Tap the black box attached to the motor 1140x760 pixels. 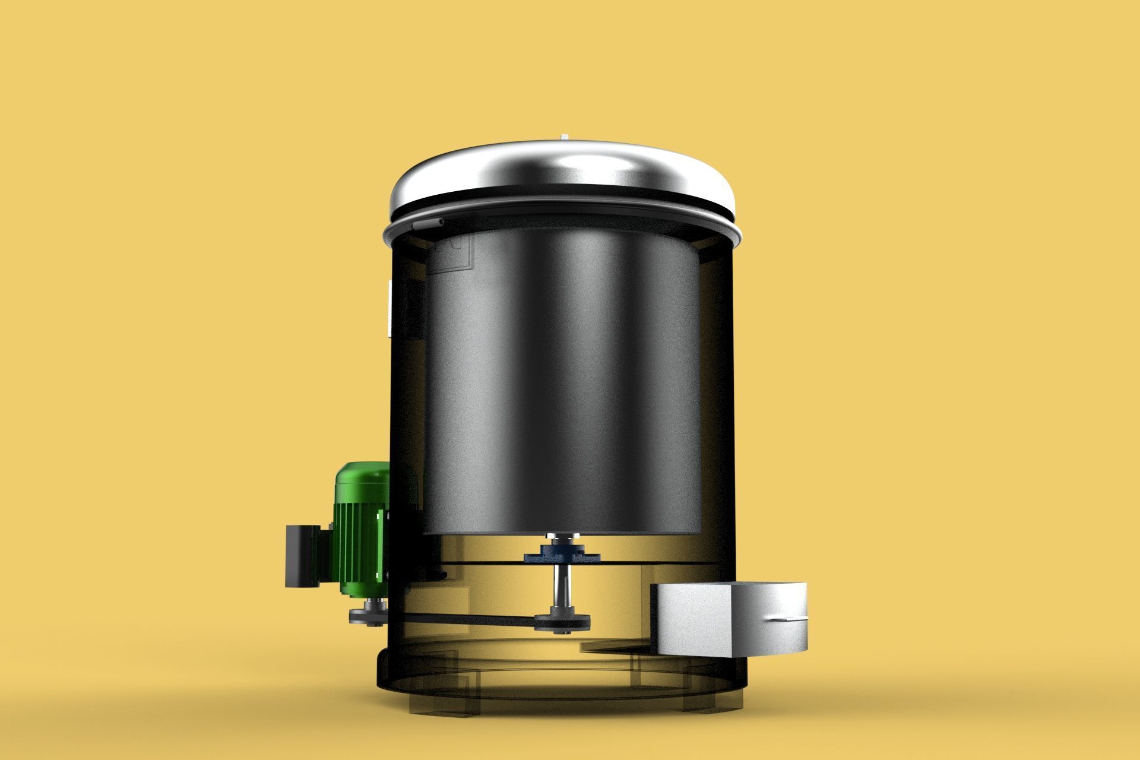[303, 556]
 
